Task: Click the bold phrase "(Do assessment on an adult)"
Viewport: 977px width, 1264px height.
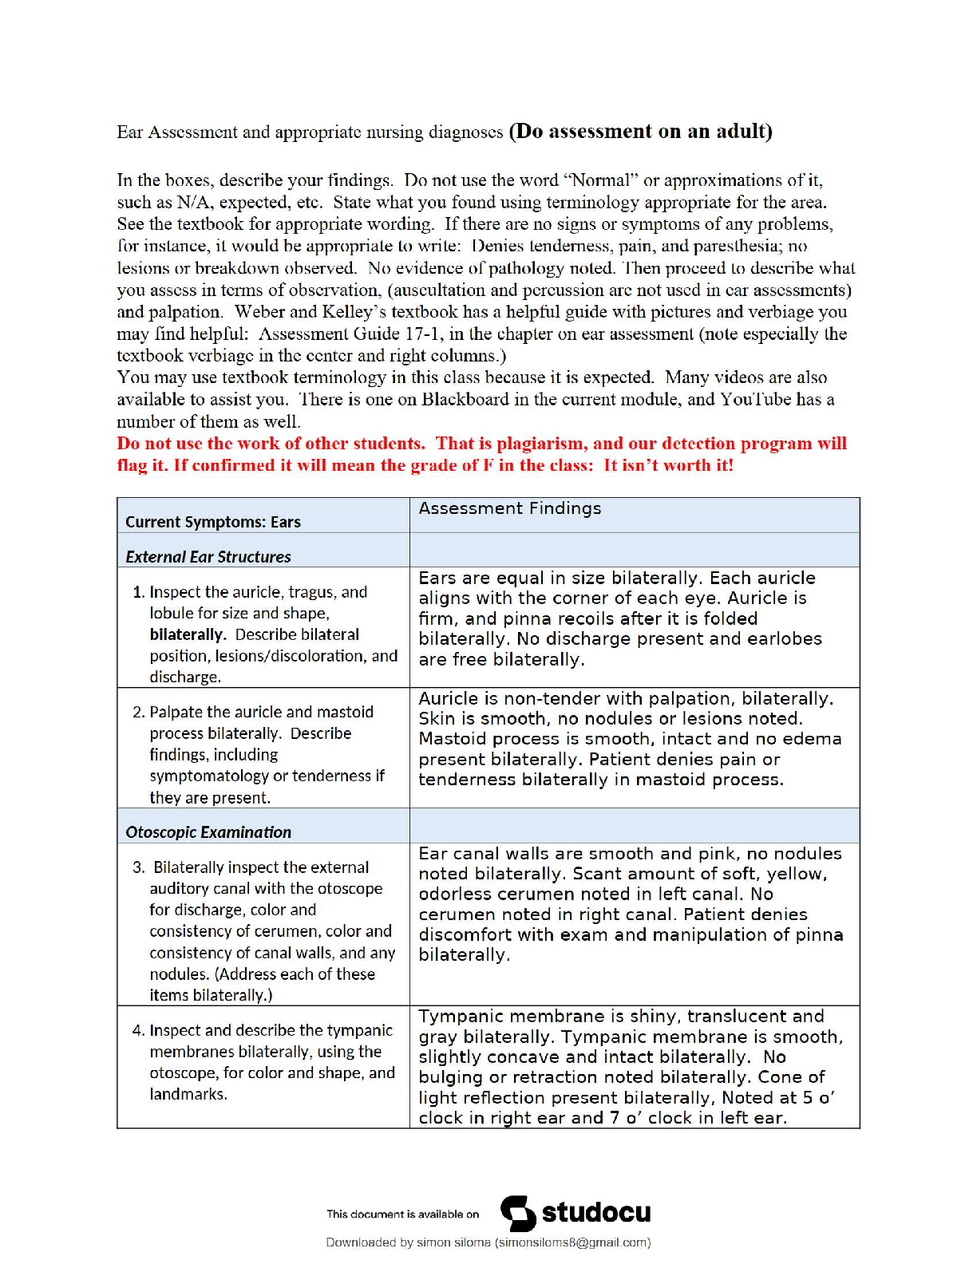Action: [x=640, y=132]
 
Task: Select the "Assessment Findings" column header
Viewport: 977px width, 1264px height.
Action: [x=509, y=509]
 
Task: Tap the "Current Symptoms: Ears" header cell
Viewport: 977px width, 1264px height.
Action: [x=213, y=522]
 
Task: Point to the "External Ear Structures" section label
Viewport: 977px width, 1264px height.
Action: [x=208, y=557]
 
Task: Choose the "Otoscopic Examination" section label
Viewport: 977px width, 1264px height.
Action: [x=208, y=832]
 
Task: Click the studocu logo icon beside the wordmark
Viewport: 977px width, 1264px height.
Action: [x=518, y=1214]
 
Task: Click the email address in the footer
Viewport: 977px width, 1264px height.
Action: [x=572, y=1242]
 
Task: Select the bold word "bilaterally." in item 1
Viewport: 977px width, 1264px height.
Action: [x=188, y=634]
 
